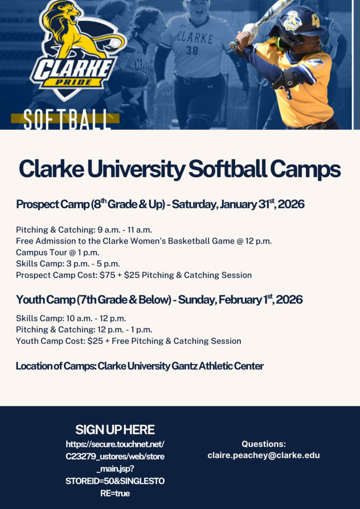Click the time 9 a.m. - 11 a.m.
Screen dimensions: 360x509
click(125, 230)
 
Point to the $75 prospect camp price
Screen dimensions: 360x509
click(106, 275)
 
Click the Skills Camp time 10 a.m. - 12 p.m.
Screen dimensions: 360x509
click(96, 318)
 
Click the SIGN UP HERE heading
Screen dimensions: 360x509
click(115, 430)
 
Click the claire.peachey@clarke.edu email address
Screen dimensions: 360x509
click(263, 455)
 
